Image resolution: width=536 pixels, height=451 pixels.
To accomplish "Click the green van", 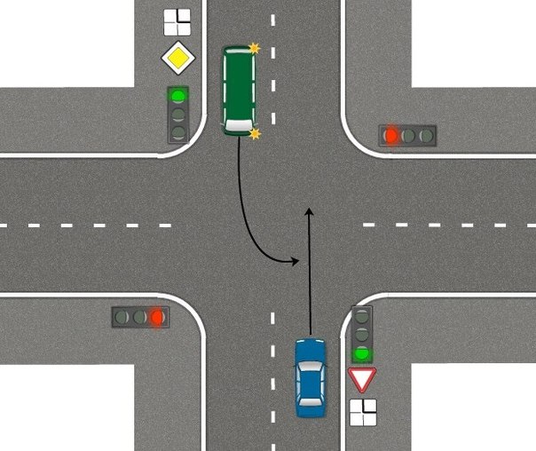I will [239, 90].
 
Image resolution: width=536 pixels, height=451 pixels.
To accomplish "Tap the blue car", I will [310, 377].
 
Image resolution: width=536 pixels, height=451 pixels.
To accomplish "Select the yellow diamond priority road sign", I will [177, 59].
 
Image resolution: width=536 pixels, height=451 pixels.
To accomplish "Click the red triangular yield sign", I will [362, 380].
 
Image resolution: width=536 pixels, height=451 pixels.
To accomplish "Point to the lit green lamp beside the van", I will [178, 95].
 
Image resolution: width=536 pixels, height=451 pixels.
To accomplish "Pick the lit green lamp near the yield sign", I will [361, 354].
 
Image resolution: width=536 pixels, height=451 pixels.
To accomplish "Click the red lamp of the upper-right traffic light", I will [390, 136].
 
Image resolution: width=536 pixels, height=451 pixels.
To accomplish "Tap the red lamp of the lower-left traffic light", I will [158, 316].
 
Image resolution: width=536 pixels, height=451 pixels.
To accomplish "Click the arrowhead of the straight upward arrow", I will [309, 211].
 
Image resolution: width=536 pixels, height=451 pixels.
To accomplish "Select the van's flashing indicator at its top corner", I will [255, 48].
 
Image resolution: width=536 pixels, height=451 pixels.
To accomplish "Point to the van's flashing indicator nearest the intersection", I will [256, 134].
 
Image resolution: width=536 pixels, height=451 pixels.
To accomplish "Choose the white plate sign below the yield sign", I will [362, 412].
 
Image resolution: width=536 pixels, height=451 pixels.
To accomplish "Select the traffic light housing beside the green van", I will [178, 115].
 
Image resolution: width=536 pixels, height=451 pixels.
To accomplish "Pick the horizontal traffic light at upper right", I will [408, 136].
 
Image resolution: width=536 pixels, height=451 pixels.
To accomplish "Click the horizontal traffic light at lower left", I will [140, 316].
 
